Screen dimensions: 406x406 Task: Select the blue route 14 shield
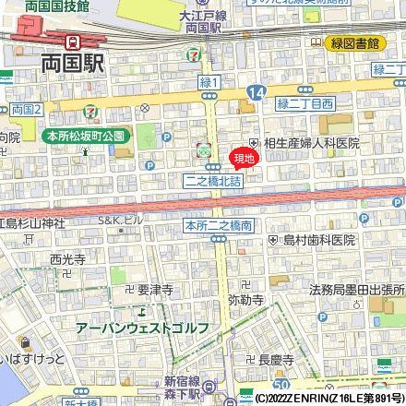coord(256,92)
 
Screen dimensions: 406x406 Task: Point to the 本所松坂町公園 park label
coord(85,136)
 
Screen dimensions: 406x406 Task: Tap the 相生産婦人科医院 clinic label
coord(312,143)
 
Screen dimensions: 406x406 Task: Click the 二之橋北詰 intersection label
coord(212,182)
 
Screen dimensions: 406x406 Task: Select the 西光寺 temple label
coord(67,259)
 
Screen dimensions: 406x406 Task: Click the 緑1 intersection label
coord(209,83)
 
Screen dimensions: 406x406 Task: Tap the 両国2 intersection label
coord(28,110)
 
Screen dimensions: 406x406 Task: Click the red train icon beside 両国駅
coord(72,41)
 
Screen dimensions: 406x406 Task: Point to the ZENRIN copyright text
coord(328,399)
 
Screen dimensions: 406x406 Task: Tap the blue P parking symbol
coord(149,164)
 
